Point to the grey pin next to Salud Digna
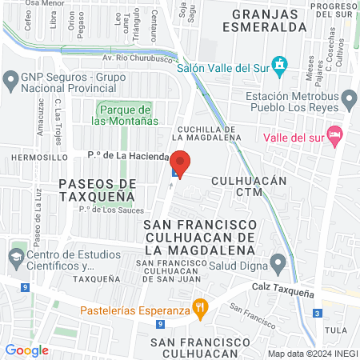tap(278, 262)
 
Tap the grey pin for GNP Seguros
tap(10, 79)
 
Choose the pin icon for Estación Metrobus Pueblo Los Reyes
tap(348, 98)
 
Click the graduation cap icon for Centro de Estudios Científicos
tap(15, 258)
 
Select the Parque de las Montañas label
tap(124, 115)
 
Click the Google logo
tap(26, 350)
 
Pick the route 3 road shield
tap(318, 313)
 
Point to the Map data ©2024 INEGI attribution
tap(312, 353)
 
